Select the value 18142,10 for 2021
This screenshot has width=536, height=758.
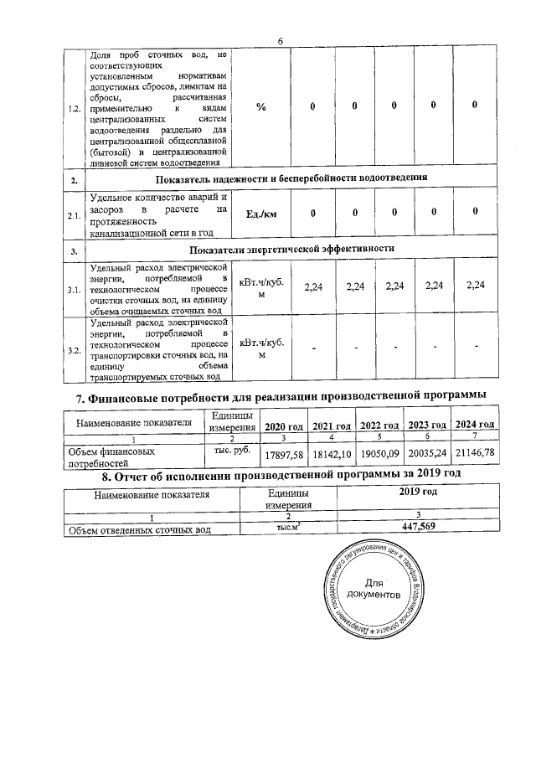330,455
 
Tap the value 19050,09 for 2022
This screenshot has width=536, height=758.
378,455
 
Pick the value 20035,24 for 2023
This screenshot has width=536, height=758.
426,455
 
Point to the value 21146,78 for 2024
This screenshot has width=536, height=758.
475,455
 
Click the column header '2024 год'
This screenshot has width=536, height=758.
475,426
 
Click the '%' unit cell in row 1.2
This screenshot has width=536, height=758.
261,106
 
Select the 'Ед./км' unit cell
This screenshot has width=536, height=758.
261,214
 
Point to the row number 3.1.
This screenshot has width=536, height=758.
75,290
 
